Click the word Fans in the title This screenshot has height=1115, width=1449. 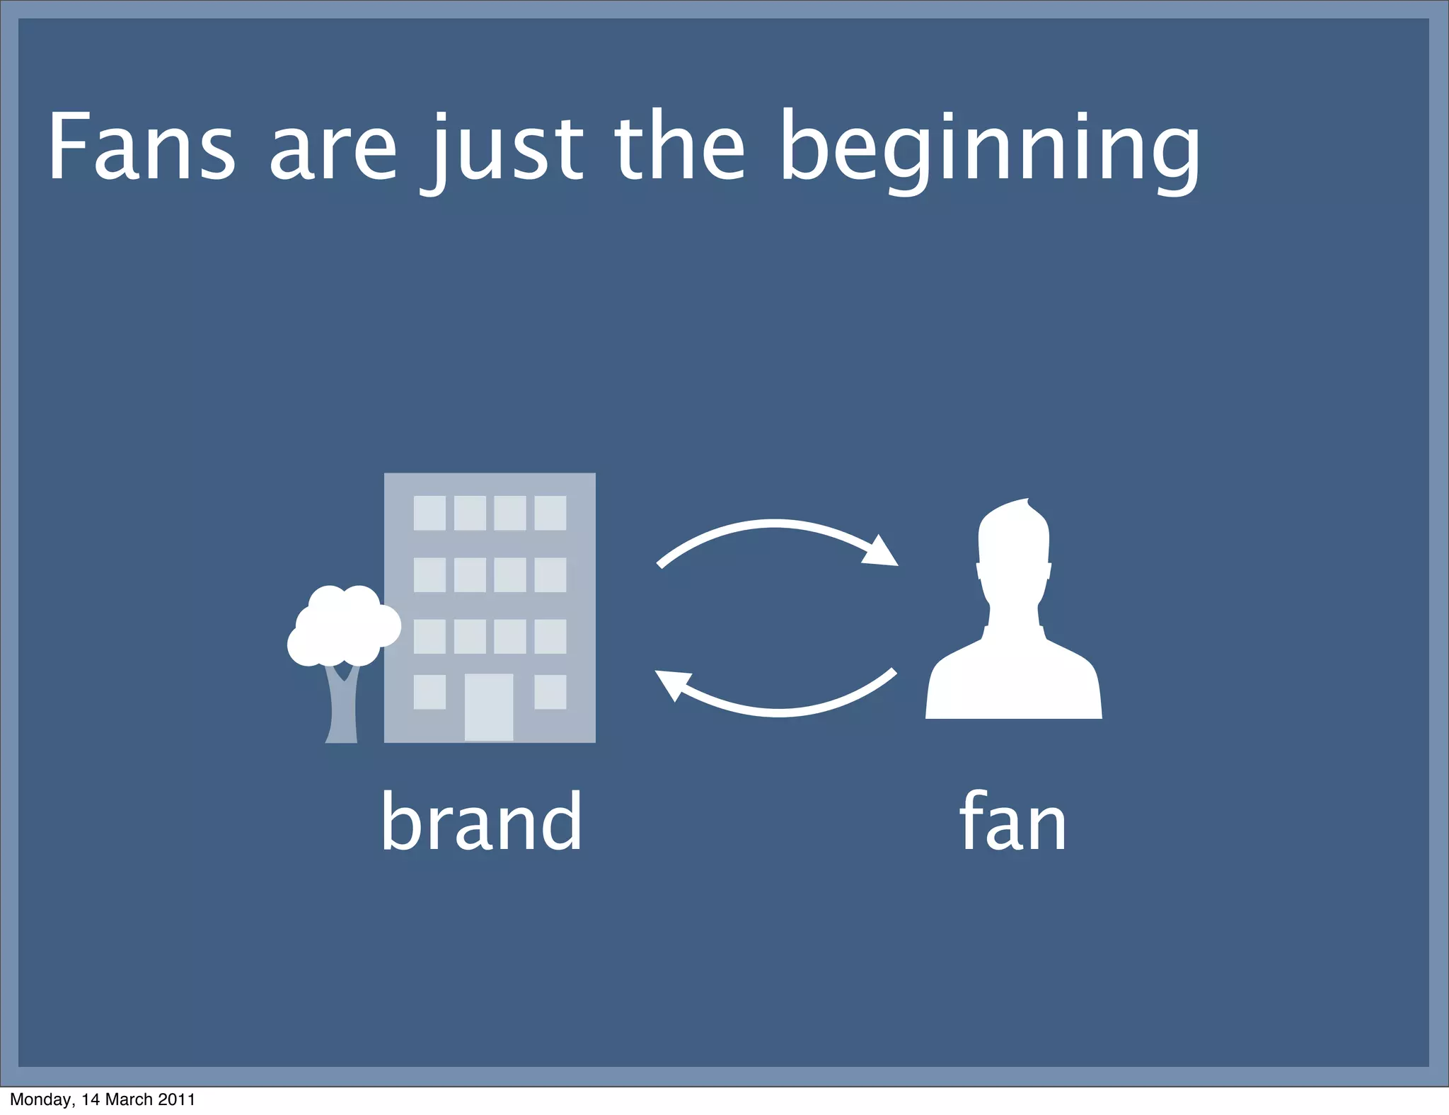tap(140, 147)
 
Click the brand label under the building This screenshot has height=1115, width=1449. tap(481, 821)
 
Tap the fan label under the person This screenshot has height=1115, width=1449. tap(1012, 821)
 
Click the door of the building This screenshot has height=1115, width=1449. tap(488, 707)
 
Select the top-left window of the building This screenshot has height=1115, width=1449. tap(429, 513)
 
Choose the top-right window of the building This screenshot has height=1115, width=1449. tap(550, 513)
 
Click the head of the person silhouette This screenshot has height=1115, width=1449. tap(1013, 548)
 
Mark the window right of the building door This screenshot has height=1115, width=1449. tap(550, 692)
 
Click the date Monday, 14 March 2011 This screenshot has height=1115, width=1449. tap(103, 1099)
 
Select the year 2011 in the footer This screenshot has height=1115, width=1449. tap(177, 1099)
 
